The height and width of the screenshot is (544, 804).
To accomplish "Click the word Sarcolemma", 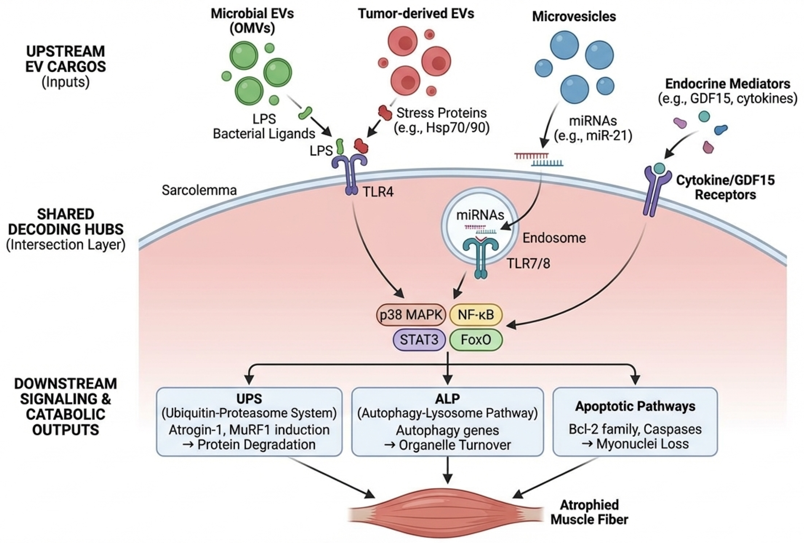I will (199, 190).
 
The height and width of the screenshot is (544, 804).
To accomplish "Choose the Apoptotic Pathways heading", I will (635, 406).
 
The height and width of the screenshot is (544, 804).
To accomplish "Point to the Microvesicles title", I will (574, 17).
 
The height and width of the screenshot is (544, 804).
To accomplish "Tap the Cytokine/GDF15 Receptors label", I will (725, 187).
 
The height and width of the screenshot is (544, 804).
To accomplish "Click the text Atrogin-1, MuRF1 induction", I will (249, 430).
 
